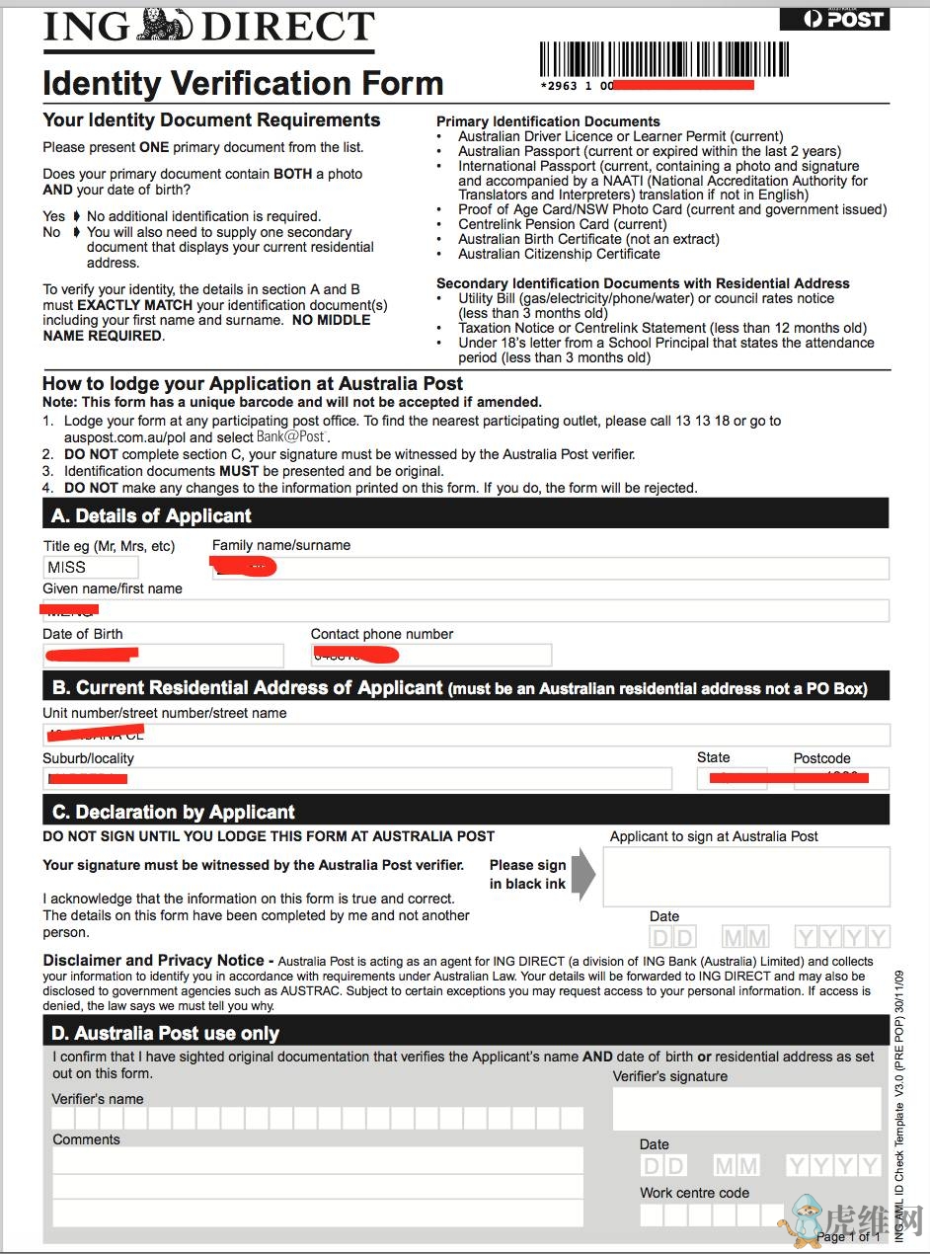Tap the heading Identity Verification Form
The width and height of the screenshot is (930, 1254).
pos(243,84)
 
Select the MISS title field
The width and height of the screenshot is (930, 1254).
pos(91,567)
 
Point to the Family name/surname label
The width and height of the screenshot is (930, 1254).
pos(281,545)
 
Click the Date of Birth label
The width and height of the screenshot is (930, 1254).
pos(83,634)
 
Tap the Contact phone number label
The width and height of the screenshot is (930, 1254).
pos(382,634)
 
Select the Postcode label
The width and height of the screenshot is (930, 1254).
pos(821,758)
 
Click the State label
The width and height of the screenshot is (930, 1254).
pos(713,757)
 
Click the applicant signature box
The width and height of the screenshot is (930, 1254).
pos(745,876)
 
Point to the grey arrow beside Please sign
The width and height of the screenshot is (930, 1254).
pos(583,874)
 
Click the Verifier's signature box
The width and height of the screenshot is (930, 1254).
pos(746,1108)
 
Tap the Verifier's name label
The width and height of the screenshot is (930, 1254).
pos(98,1099)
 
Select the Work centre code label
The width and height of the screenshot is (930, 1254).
pos(694,1193)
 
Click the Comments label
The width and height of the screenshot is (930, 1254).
pos(86,1139)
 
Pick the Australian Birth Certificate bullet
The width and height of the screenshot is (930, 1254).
pos(588,239)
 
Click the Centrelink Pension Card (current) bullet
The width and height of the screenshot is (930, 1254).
pos(563,224)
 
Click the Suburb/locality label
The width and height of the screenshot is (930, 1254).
pos(88,758)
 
